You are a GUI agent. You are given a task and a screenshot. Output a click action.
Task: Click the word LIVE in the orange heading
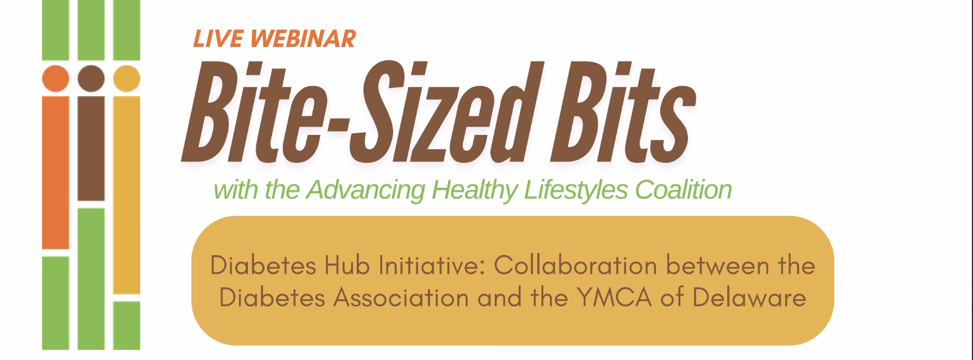click(218, 39)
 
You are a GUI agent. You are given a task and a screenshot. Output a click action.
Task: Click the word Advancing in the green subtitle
click(365, 190)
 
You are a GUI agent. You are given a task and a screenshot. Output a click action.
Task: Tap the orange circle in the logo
click(55, 78)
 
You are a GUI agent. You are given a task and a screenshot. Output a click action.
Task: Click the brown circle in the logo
click(91, 78)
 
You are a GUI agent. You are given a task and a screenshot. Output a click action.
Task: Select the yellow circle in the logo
click(126, 78)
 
